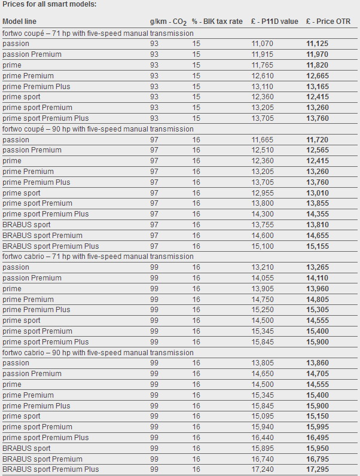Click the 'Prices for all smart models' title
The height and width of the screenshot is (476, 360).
coord(50,4)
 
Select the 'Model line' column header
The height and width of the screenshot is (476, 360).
coord(20,22)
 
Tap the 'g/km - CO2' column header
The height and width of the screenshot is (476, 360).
coord(168,22)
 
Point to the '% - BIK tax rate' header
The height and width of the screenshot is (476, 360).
coord(217,22)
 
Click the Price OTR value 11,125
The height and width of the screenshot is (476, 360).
coord(317,44)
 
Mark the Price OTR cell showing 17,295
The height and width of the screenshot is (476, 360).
coord(317,469)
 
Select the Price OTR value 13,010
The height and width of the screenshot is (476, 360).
coord(317,193)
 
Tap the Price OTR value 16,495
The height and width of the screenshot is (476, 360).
coord(317,438)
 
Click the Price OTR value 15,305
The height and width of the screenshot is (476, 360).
coord(317,310)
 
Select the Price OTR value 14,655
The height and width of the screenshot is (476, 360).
coord(317,236)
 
